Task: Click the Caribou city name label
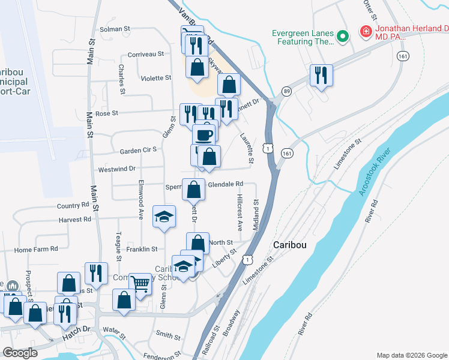[291, 245]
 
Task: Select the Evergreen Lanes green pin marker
[343, 37]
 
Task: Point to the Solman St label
[115, 29]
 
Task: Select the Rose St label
[107, 113]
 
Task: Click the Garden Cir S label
[138, 149]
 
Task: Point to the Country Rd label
[73, 206]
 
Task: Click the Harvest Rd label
[75, 220]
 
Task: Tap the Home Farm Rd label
[36, 249]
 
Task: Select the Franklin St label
[142, 249]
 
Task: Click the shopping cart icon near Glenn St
[140, 283]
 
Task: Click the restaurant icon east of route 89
[321, 75]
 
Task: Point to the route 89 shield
[286, 91]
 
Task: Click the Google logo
[20, 353]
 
